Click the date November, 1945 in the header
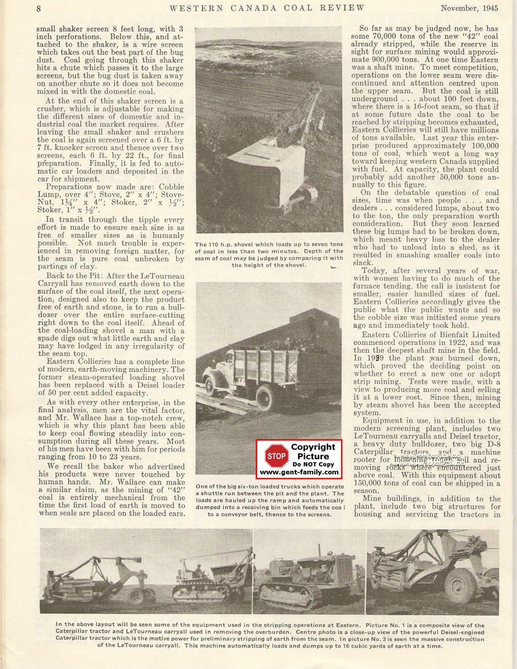point(469,8)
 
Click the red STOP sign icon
point(275,456)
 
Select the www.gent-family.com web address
point(299,471)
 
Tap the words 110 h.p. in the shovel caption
point(223,245)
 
